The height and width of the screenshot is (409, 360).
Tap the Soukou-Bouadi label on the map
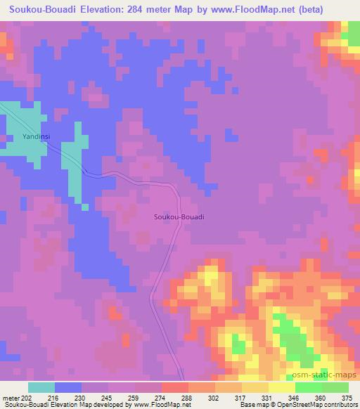click(179, 217)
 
